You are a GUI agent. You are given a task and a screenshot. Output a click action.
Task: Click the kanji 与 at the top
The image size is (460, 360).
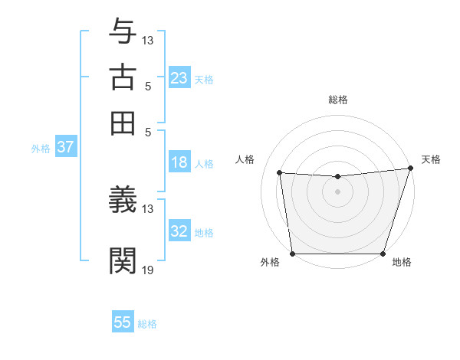pos(123,31)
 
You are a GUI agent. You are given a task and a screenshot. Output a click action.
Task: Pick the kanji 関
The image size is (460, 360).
pos(123,260)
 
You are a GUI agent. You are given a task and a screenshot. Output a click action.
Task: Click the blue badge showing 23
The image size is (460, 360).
pos(179,78)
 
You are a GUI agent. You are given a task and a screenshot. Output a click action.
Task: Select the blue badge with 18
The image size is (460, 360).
pos(179,162)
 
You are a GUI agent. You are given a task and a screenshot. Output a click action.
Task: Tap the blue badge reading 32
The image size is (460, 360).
pos(179,231)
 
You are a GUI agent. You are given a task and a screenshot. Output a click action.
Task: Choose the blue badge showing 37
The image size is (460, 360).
pos(66,148)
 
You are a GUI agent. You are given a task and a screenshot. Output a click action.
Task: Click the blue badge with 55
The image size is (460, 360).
pos(123,322)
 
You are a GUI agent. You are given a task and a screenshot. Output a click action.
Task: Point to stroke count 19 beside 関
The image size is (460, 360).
pos(148,270)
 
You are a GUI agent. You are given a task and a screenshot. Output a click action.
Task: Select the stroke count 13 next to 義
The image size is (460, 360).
pos(148,208)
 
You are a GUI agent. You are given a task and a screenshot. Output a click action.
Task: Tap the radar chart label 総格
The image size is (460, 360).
pos(338,100)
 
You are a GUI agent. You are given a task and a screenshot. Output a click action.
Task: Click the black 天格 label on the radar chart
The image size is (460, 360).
pos(431,159)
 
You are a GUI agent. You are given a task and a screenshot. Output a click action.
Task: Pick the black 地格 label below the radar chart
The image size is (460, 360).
pos(402,263)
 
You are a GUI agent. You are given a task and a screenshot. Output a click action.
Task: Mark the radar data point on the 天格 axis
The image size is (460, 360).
pos(410,169)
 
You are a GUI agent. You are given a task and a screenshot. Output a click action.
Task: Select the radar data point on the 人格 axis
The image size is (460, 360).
pos(280,173)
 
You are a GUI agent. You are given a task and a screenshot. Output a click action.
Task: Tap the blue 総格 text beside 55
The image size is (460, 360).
pos(147,324)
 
